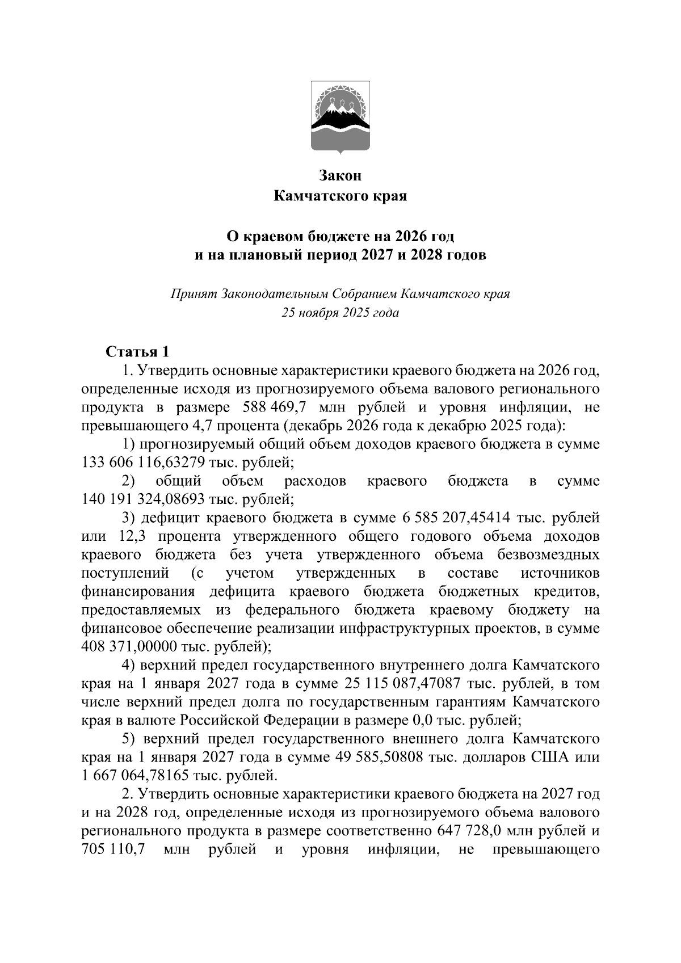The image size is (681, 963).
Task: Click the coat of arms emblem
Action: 340,117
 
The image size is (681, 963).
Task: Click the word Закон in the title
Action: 340,176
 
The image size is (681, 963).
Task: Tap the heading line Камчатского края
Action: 340,196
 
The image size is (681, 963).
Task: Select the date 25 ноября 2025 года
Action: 340,313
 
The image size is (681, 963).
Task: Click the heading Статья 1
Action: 137,352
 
